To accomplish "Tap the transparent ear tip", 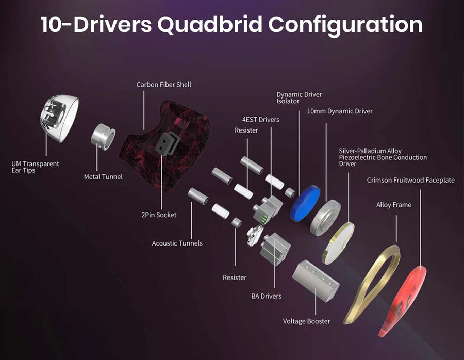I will (x=60, y=118).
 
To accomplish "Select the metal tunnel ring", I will (x=103, y=136).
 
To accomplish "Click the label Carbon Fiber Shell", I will (x=163, y=84).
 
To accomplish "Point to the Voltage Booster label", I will (x=306, y=321).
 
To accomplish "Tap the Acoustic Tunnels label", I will (x=177, y=243).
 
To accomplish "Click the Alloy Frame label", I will (x=394, y=205).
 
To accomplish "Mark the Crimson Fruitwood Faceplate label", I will (x=410, y=180).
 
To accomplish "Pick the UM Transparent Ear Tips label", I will (x=35, y=167).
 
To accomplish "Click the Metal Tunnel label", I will (x=103, y=177).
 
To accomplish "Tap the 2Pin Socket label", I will (x=159, y=215).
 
